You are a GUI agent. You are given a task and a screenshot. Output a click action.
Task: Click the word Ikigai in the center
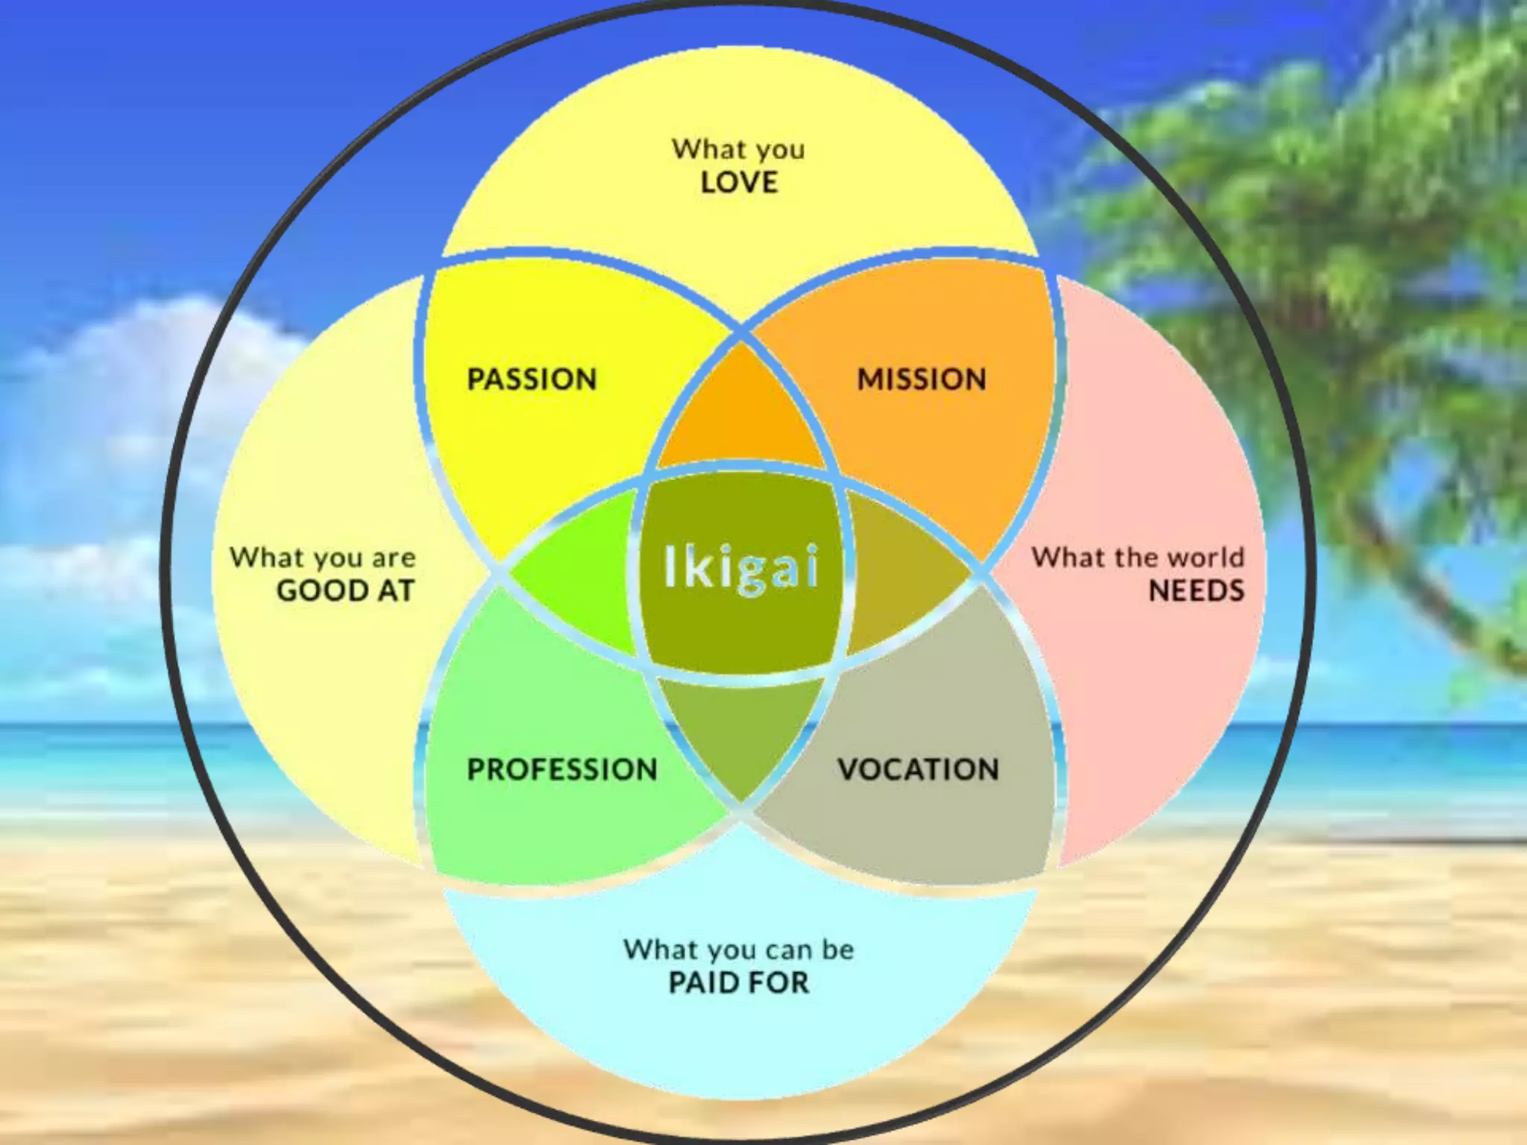coord(741,567)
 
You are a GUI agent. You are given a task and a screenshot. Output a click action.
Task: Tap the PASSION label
coord(532,379)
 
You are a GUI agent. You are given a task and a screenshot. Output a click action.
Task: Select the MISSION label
coord(922,379)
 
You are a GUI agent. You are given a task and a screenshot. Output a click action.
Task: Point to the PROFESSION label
coord(562,769)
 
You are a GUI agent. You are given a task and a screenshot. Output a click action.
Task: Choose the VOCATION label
coord(918,769)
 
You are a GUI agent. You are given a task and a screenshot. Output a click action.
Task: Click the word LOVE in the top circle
coord(739,183)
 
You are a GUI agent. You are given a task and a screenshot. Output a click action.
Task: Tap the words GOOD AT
coord(345,590)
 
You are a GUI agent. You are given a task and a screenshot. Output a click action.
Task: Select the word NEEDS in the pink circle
coord(1196,590)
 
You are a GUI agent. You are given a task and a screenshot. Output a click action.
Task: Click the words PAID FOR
coord(738,982)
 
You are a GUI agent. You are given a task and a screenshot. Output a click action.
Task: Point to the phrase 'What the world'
coord(1138,557)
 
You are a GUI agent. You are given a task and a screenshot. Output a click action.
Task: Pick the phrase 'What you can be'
coord(739,950)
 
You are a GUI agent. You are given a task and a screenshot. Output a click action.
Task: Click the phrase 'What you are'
coord(322,558)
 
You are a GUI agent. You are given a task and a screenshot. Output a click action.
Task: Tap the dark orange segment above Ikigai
coord(740,414)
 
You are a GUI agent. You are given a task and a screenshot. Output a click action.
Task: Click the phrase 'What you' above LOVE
coord(738,150)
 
